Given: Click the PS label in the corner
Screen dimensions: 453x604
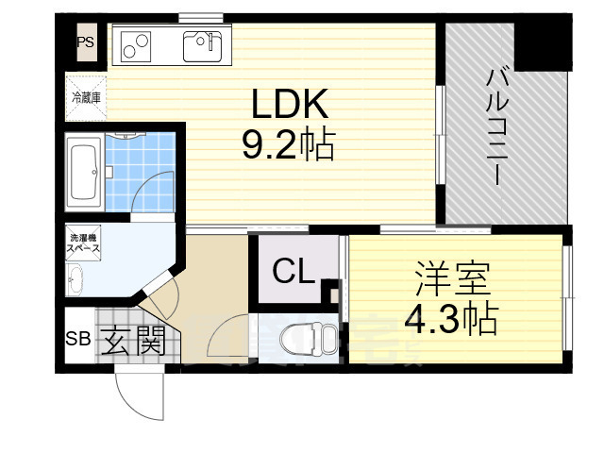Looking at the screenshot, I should pos(85,42).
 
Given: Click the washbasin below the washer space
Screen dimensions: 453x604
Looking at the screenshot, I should pos(75,278).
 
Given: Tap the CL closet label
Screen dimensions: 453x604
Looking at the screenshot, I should pos(294,273).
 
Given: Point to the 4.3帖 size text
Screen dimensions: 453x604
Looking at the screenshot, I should pos(450,321).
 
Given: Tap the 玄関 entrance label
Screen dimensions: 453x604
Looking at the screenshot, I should pos(134,341).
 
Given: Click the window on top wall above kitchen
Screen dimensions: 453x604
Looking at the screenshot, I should pos(200,16).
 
